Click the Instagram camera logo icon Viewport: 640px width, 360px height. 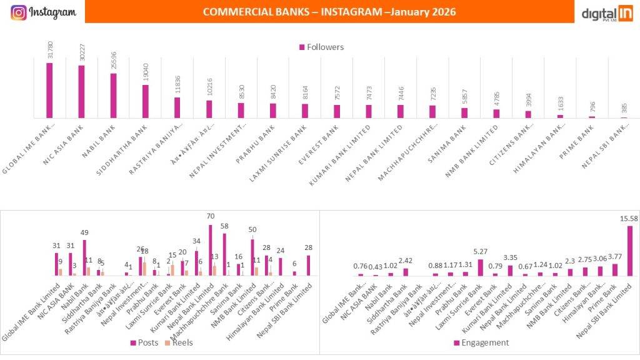[19, 12]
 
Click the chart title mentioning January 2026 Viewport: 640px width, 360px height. [329, 12]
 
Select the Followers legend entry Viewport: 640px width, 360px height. [321, 47]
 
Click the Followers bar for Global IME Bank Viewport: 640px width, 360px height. [49, 90]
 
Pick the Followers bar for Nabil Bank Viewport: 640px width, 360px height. [114, 96]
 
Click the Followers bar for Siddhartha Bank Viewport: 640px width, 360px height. [146, 101]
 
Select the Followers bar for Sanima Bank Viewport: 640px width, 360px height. [464, 112]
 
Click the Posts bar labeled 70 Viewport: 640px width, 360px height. [211, 250]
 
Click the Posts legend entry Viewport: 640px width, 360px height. [143, 342]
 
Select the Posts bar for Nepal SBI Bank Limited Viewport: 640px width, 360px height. [307, 265]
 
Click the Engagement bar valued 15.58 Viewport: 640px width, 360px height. [628, 251]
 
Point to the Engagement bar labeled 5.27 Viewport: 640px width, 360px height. [479, 267]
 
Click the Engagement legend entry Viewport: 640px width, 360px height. [481, 342]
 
